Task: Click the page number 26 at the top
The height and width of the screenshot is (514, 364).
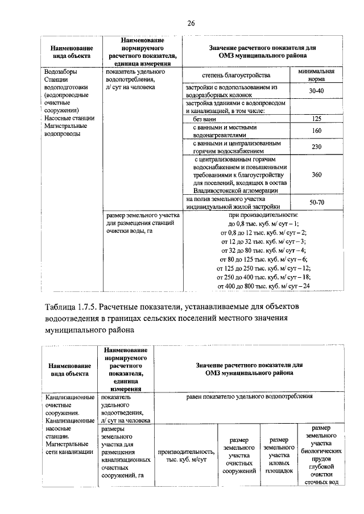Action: [x=191, y=23]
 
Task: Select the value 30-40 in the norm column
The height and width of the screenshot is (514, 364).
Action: [x=317, y=91]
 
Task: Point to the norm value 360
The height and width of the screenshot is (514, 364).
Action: [x=317, y=175]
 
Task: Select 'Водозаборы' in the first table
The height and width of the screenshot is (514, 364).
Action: [x=61, y=72]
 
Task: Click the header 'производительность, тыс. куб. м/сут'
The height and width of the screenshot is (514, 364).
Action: [x=186, y=455]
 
